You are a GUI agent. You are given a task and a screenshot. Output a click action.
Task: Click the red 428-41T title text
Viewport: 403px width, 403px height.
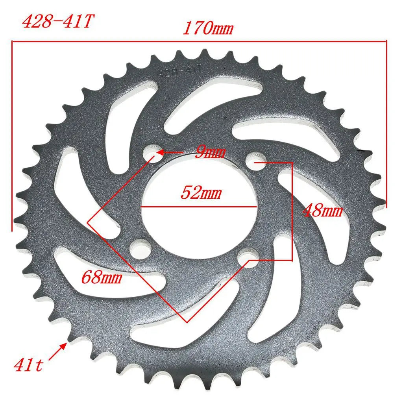pos(58,21)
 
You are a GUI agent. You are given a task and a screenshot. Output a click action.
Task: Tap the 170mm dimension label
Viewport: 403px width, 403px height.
pos(208,28)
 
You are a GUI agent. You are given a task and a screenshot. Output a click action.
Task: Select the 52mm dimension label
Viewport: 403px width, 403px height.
pos(201,192)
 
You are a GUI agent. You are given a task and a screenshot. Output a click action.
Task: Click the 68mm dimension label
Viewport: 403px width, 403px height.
pos(102,277)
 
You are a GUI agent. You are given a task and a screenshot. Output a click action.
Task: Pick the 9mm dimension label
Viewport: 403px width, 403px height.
pos(210,152)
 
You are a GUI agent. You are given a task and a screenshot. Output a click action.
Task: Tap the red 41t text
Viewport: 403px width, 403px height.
pos(28,364)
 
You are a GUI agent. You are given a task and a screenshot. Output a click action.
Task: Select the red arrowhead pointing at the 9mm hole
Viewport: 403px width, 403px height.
pos(160,152)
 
